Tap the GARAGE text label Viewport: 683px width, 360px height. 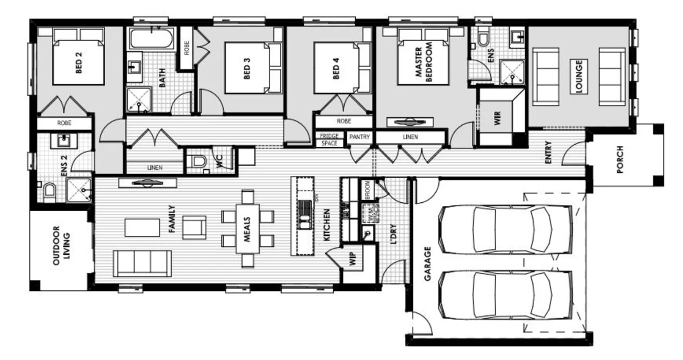(427, 264)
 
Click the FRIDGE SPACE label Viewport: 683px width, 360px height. (329, 140)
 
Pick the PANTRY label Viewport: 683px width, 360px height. (359, 137)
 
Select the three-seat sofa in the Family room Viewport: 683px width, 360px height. (142, 263)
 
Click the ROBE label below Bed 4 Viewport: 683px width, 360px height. (344, 121)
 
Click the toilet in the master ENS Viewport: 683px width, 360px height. (482, 38)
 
